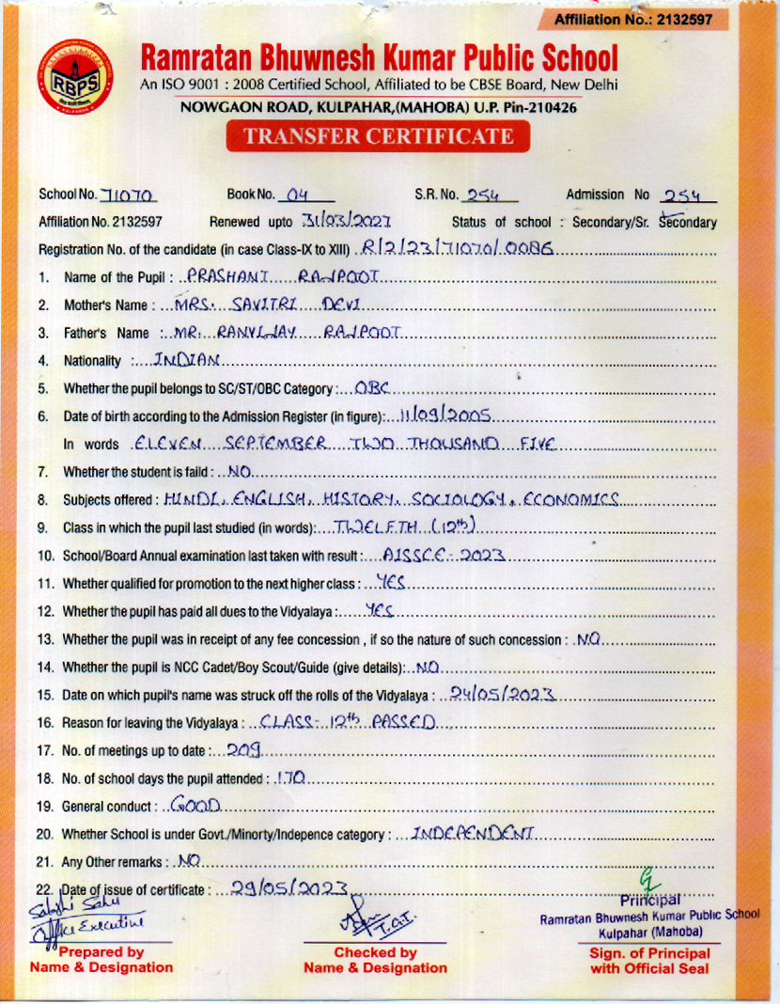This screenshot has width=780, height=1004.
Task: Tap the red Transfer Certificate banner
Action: click(379, 137)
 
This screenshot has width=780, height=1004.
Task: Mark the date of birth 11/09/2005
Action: click(447, 415)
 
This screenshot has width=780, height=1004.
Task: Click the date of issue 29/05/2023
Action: click(283, 887)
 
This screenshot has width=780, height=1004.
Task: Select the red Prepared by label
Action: click(101, 959)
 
